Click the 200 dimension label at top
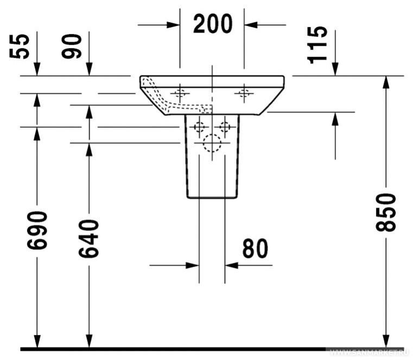coord(213,24)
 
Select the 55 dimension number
coord(20,47)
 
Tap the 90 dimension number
coord(72,46)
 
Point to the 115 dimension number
coord(317,45)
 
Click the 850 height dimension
coord(386,213)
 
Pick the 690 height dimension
coord(37,230)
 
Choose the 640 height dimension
coord(89,239)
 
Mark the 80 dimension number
coord(255,249)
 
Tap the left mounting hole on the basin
coord(180,93)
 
